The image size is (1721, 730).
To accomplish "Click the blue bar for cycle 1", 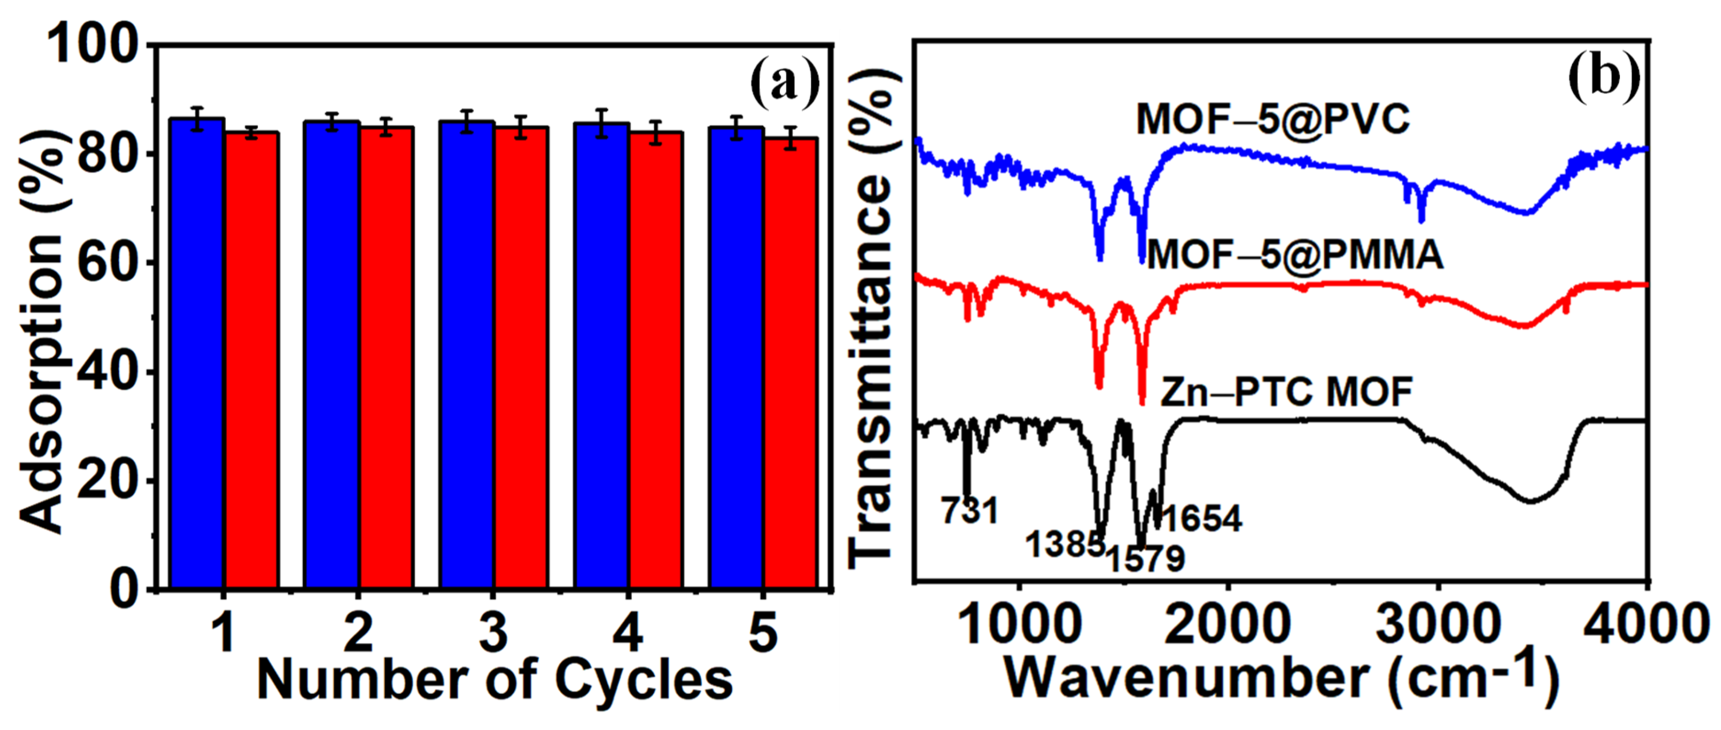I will coord(197,354).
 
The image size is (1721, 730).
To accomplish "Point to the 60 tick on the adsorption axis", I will coord(107,263).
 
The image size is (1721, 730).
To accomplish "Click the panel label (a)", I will coord(784,83).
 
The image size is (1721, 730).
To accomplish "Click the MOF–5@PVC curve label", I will coord(1273,120).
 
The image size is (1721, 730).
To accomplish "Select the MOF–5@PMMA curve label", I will coord(1295,255).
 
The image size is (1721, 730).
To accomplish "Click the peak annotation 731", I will coord(969,511).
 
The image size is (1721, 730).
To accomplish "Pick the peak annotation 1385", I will coord(1064,544).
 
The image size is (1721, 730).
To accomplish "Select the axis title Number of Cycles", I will coord(494,680).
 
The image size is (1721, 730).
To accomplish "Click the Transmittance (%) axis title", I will coord(872,321).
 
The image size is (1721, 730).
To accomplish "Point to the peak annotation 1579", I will coord(1145,558).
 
